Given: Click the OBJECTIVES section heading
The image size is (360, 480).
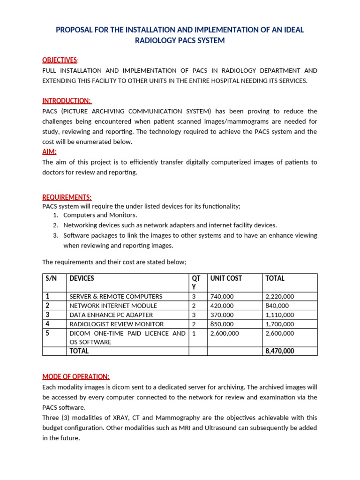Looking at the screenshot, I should point(60,60).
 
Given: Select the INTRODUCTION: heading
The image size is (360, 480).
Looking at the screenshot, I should point(67,101).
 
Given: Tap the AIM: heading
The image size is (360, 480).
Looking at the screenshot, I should point(49,152).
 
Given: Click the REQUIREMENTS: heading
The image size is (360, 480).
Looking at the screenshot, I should point(67,197).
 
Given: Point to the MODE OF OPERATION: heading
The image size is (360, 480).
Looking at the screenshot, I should point(76,377).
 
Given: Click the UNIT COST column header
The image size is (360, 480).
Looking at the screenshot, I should point(226,278).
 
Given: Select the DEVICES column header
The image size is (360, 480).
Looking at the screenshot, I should point(82,278).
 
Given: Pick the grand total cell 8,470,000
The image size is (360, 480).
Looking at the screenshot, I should point(280,351).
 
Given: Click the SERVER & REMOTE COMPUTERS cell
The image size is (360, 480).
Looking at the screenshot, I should point(116,297).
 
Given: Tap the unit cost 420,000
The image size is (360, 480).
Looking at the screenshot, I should point(222,306).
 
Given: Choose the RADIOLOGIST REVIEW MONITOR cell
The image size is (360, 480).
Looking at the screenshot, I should point(117,324).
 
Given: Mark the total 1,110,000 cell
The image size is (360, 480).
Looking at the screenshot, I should point(279,315).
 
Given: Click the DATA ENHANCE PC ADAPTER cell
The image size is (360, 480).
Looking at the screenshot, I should point(111,315).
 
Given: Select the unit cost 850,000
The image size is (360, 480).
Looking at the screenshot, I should point(222,324).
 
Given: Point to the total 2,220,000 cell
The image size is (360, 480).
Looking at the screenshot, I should point(279,297).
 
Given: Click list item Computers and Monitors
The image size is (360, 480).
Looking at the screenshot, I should point(100,215).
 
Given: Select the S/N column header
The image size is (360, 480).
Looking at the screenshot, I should point(51,278).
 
